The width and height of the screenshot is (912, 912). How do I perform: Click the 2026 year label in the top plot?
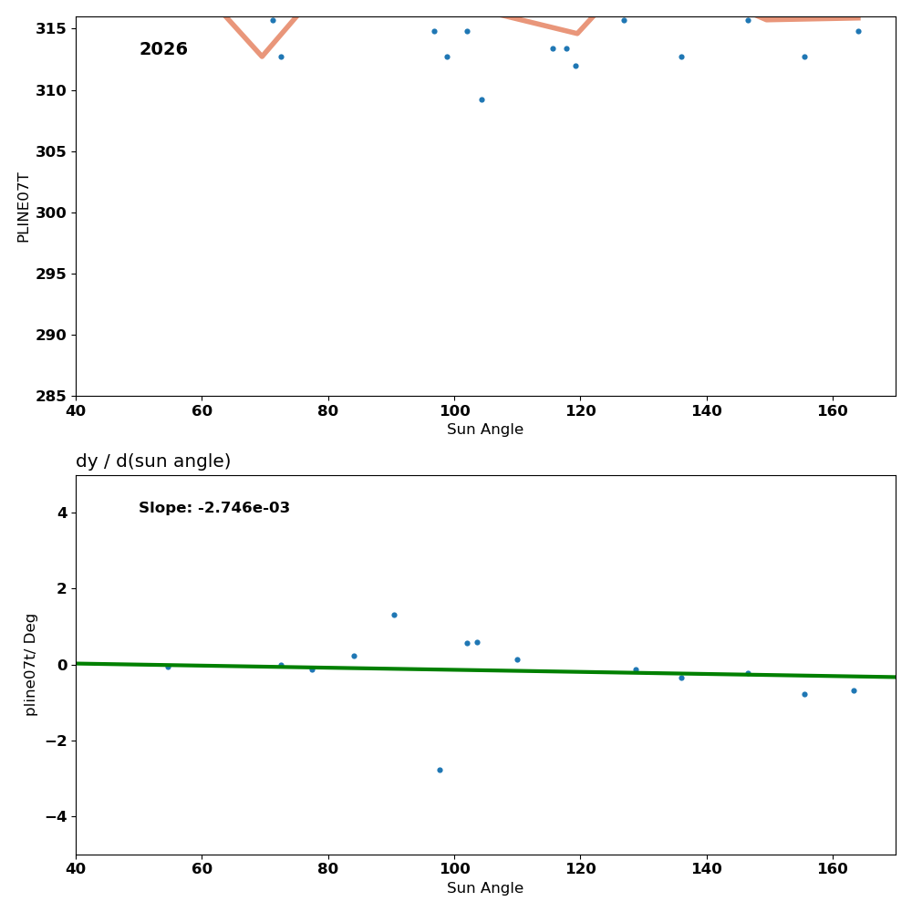tap(163, 49)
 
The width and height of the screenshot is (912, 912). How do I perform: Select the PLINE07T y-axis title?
tap(24, 207)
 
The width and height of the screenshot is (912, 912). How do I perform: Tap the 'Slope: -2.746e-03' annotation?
tap(214, 508)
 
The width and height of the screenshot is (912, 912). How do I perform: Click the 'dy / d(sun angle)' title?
tap(153, 461)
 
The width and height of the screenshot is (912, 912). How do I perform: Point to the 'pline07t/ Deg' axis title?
tap(31, 664)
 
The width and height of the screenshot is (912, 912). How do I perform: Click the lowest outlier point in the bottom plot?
tap(440, 770)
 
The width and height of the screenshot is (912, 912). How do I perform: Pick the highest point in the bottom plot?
tap(394, 615)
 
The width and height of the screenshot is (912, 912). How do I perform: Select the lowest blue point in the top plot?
tap(482, 99)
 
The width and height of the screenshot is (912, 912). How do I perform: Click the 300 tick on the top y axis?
tap(52, 212)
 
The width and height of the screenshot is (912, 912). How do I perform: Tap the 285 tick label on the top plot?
tap(52, 396)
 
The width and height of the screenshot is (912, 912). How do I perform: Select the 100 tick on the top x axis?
tap(454, 411)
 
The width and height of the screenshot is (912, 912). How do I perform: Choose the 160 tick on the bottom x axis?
tap(833, 870)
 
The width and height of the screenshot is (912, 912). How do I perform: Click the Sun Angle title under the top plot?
tap(485, 430)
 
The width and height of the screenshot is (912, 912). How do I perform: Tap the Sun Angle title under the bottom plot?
tap(485, 888)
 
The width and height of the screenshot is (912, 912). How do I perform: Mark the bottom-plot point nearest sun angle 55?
tap(168, 667)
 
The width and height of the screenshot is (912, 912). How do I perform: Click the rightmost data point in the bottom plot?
tap(854, 690)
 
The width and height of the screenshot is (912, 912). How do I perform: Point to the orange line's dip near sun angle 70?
tap(262, 57)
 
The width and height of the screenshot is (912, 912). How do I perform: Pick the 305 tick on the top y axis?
tap(52, 151)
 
